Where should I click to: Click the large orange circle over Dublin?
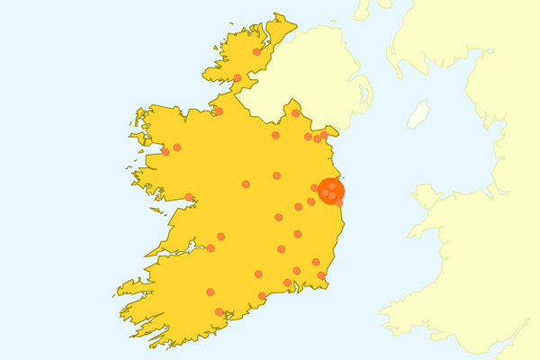tap(331, 191)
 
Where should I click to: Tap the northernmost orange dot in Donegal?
tap(256, 52)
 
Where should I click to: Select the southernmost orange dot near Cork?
tap(219, 311)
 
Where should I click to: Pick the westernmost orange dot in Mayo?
tap(166, 151)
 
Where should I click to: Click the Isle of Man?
tap(418, 115)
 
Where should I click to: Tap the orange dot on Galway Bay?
tap(189, 197)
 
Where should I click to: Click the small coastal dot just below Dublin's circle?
tap(339, 202)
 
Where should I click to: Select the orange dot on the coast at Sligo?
tap(219, 112)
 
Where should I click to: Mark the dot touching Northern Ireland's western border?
tap(237, 77)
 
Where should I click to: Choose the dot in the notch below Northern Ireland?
tap(295, 113)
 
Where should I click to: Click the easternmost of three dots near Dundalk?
tap(324, 135)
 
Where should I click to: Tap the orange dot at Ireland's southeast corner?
tap(321, 275)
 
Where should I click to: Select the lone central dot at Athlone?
tap(246, 184)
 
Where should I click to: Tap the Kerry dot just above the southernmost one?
tap(210, 292)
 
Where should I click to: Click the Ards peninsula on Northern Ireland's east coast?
tap(369, 90)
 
